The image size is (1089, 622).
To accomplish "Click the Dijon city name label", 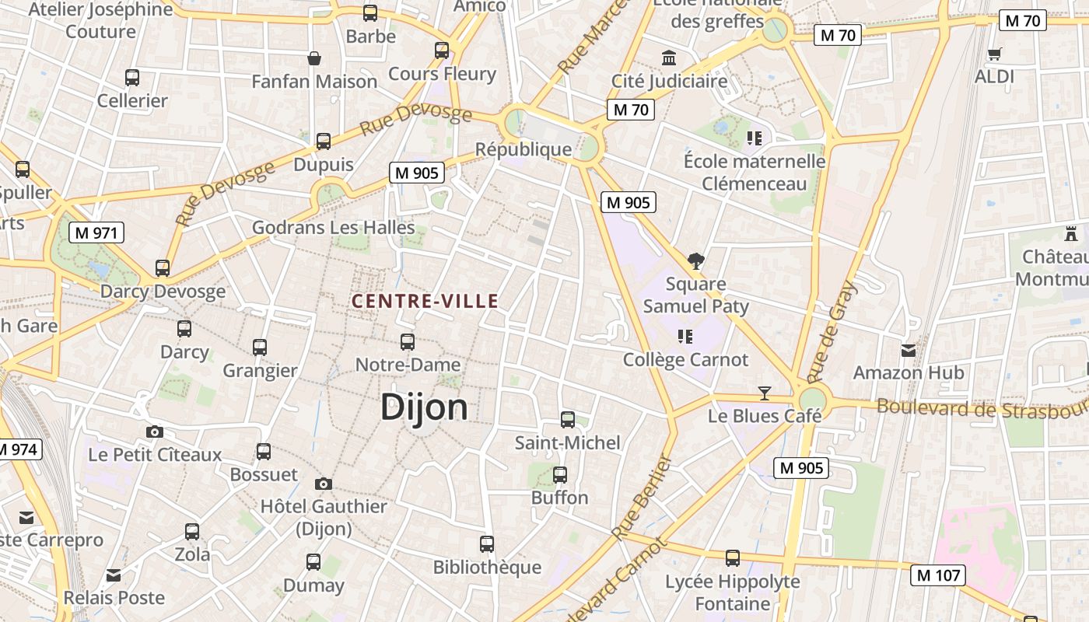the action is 424,407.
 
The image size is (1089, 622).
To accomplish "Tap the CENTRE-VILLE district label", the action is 425,301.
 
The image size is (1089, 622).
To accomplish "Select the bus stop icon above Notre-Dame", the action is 407,341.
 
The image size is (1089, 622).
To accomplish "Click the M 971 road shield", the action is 96,232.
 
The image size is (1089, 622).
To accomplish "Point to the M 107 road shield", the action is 937,575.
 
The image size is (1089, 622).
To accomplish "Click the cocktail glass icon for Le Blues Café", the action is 765,393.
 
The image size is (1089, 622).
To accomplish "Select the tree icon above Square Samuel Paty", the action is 695,261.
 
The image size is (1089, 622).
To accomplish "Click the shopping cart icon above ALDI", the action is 994,54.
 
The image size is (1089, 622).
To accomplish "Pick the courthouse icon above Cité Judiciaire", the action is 669,58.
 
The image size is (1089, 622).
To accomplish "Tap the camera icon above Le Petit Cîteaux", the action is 155,432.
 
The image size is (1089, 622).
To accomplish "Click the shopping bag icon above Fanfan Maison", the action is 314,58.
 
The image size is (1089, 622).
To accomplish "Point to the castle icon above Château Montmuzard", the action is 1071,232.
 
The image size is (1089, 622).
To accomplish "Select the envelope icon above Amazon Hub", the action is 908,350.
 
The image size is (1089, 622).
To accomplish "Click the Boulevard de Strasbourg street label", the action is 982,408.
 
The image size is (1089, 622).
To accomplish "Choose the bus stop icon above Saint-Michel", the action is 568,420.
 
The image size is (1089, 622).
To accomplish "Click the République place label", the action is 523,149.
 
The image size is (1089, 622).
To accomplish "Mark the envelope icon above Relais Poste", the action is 114,575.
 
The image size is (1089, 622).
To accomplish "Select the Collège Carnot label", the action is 685,360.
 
